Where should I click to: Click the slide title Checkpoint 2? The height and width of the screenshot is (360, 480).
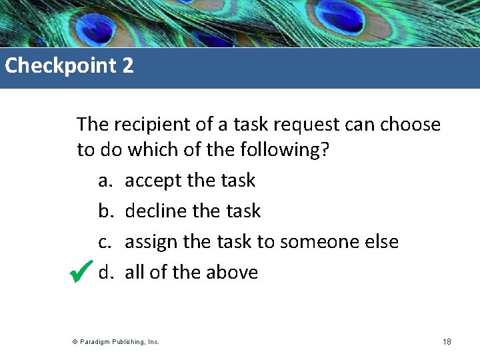click(x=69, y=66)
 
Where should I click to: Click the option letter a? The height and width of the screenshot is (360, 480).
click(x=105, y=181)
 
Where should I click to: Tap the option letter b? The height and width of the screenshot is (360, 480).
click(x=105, y=211)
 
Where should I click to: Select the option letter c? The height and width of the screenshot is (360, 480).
click(x=105, y=242)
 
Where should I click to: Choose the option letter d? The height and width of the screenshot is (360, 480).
click(x=105, y=273)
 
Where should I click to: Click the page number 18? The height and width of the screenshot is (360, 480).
click(x=447, y=342)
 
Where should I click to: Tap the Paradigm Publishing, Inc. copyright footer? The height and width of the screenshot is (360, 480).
click(x=117, y=342)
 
